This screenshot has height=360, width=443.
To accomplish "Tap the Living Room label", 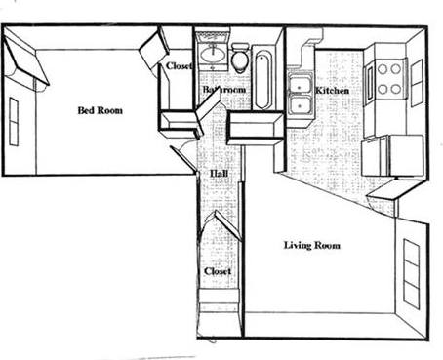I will [x=311, y=245].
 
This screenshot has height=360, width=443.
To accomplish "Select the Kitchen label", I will [x=333, y=92].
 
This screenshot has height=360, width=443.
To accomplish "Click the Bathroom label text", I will [x=223, y=90].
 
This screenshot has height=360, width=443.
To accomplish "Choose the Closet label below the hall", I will [x=217, y=271].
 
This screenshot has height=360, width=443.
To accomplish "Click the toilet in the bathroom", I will [x=239, y=59].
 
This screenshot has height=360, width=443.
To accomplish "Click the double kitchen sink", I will [x=300, y=95].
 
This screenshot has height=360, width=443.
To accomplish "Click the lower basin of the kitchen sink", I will [x=300, y=104].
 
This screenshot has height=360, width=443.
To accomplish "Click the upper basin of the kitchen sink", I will [x=300, y=84].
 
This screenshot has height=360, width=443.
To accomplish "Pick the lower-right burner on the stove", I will [x=399, y=88].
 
